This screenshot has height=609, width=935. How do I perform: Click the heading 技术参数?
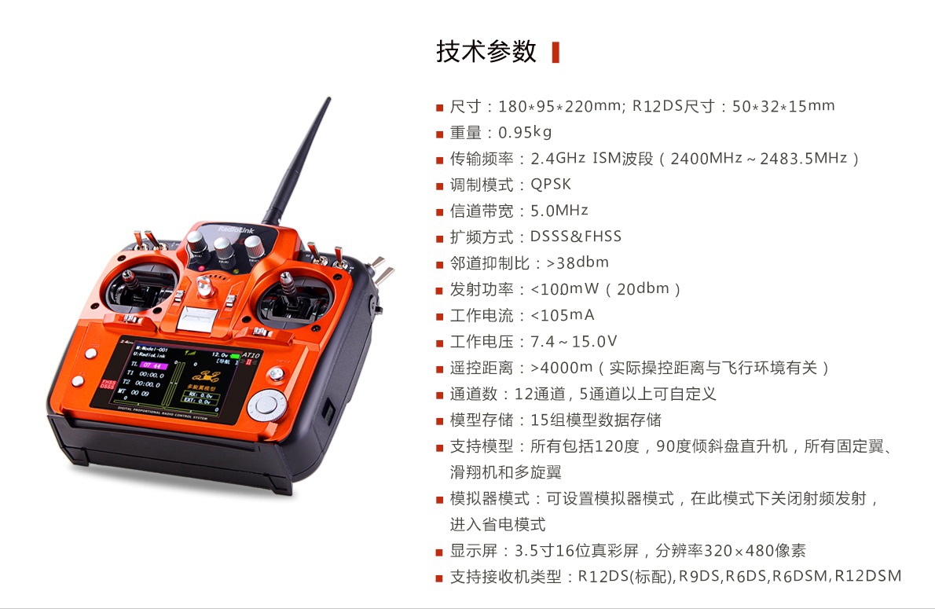click(x=486, y=52)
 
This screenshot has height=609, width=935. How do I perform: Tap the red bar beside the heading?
click(x=555, y=53)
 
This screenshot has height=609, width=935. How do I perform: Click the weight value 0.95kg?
click(x=525, y=132)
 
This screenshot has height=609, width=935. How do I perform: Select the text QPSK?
click(x=550, y=185)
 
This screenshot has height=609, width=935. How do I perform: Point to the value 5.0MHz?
click(x=559, y=211)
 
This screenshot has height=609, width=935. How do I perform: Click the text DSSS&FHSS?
click(x=575, y=237)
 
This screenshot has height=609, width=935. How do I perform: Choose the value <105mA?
click(x=563, y=315)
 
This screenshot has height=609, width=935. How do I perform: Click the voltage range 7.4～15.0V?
click(x=574, y=341)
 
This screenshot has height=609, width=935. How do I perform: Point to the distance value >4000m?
click(x=562, y=368)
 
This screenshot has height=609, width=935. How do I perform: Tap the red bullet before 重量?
click(x=439, y=134)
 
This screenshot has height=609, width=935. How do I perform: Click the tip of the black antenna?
click(x=328, y=98)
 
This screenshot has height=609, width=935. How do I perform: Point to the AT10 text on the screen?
click(x=251, y=355)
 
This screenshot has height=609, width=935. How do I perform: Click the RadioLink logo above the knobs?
click(x=236, y=229)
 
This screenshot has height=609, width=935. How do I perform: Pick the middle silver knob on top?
click(x=224, y=249)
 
